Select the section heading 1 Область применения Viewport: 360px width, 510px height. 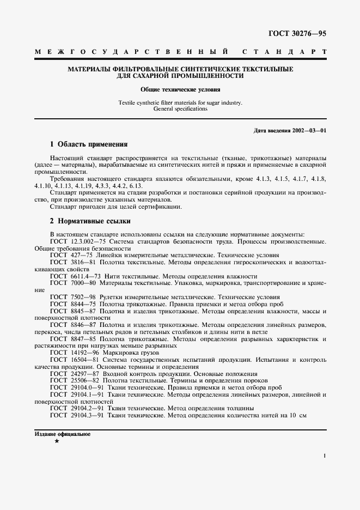88,145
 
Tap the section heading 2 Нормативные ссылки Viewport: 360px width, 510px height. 90,221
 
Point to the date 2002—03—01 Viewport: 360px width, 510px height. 307,131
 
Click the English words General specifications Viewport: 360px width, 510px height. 180,109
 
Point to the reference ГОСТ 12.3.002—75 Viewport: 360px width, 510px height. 80,241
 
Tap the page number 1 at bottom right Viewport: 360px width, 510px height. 324,456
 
